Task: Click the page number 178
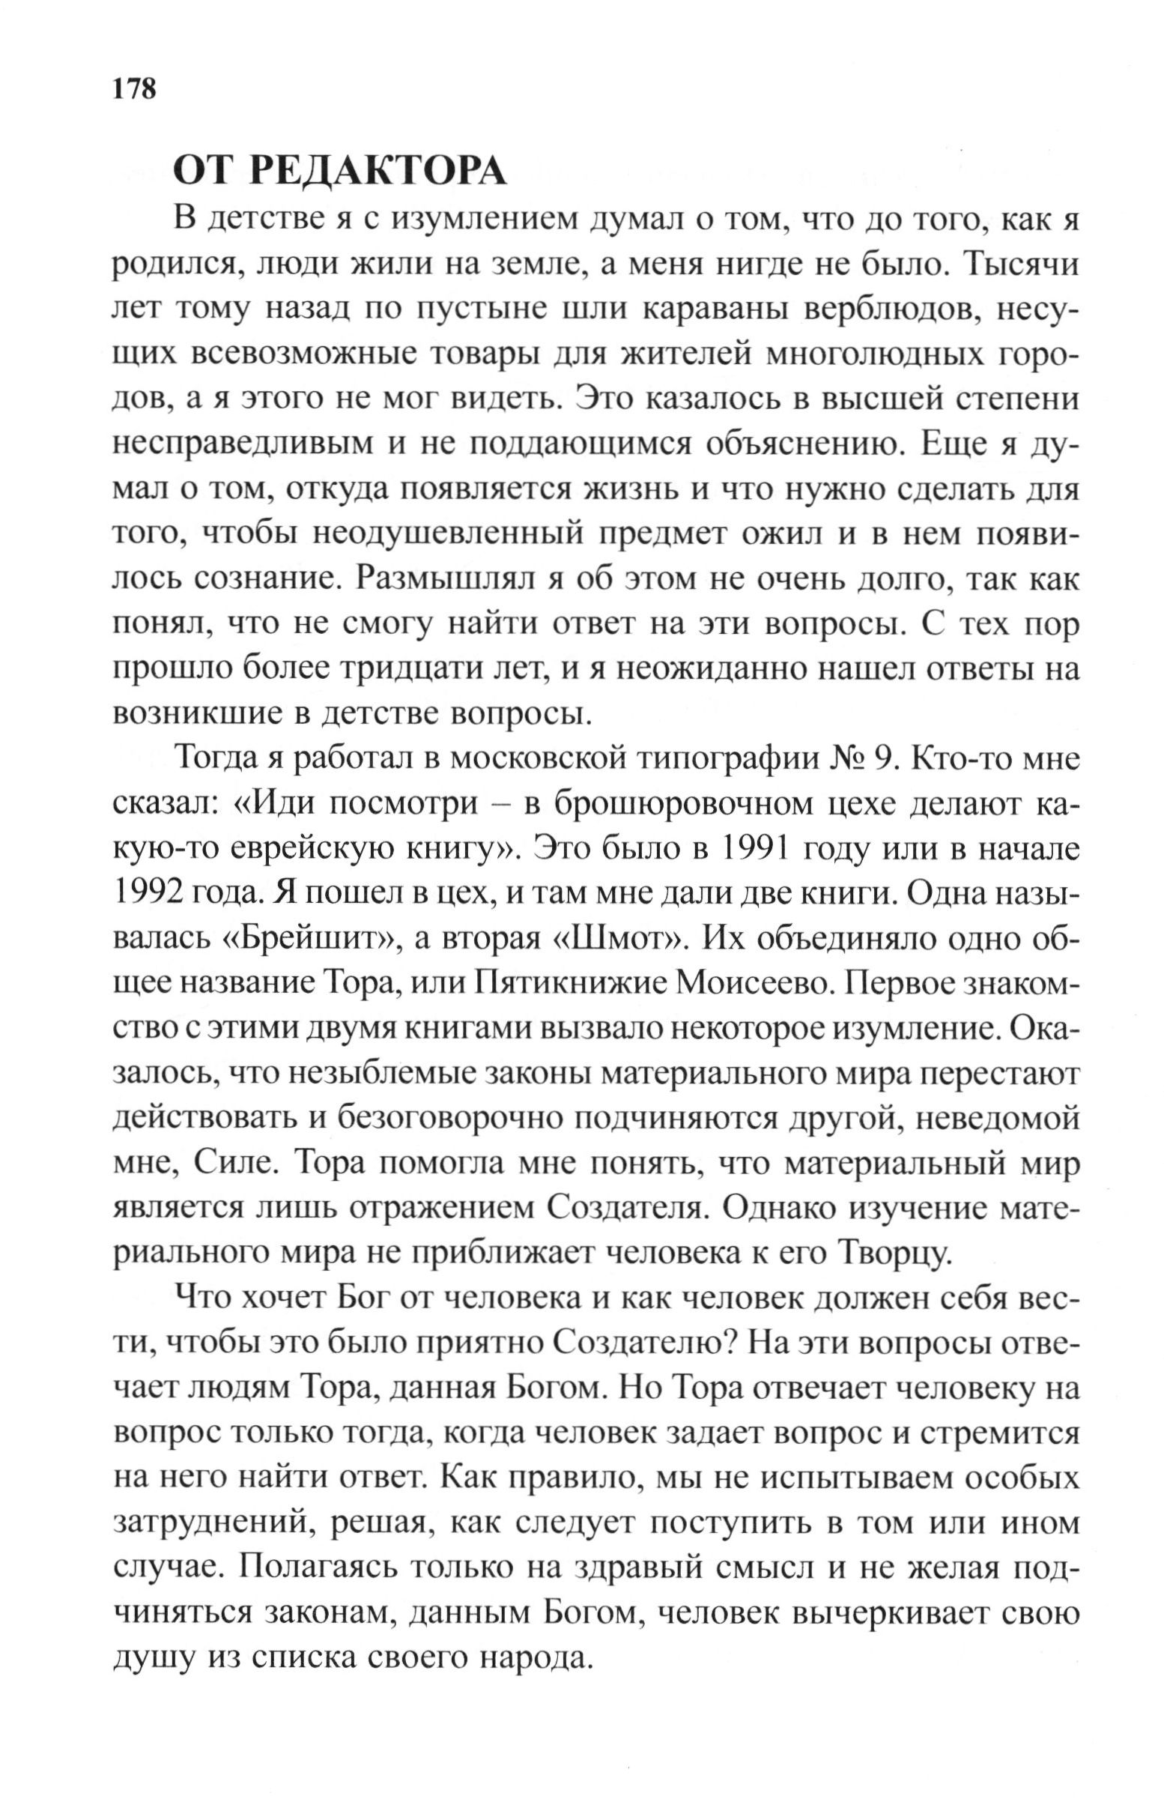click(135, 88)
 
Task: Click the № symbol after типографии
click(841, 760)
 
